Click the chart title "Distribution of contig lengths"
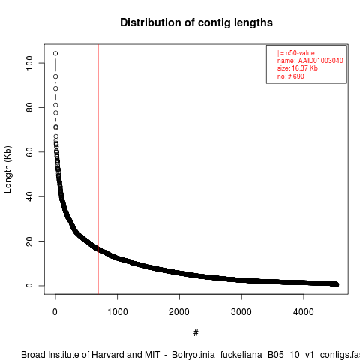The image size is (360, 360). click(x=196, y=22)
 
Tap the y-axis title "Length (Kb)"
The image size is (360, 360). click(x=7, y=169)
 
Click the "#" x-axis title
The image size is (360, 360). click(x=196, y=332)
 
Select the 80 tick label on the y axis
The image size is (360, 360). click(x=29, y=107)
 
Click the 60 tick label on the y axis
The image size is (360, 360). click(x=29, y=152)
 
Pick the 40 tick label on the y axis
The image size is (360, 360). click(x=29, y=196)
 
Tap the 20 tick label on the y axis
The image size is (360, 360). click(x=29, y=241)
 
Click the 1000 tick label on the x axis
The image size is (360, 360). click(x=117, y=312)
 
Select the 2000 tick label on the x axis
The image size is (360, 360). click(x=179, y=312)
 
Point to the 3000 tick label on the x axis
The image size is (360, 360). click(x=241, y=312)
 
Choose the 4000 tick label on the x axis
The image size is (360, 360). click(x=304, y=312)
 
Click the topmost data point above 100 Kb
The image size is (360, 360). click(x=55, y=53)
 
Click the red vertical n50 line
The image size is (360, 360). click(x=98, y=169)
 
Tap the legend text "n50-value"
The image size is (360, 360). click(x=300, y=53)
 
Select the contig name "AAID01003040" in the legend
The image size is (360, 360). click(x=320, y=61)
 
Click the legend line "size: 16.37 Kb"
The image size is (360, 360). click(x=297, y=68)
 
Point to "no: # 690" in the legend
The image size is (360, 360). click(x=290, y=76)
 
